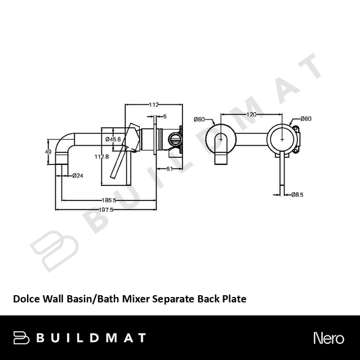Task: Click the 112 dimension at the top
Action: [x=154, y=105]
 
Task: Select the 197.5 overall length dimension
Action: [x=106, y=209]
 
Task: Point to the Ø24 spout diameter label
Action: [x=77, y=176]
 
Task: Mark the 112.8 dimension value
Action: [x=102, y=157]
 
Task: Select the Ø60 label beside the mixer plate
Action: [x=305, y=119]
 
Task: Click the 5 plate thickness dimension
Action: [x=164, y=116]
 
